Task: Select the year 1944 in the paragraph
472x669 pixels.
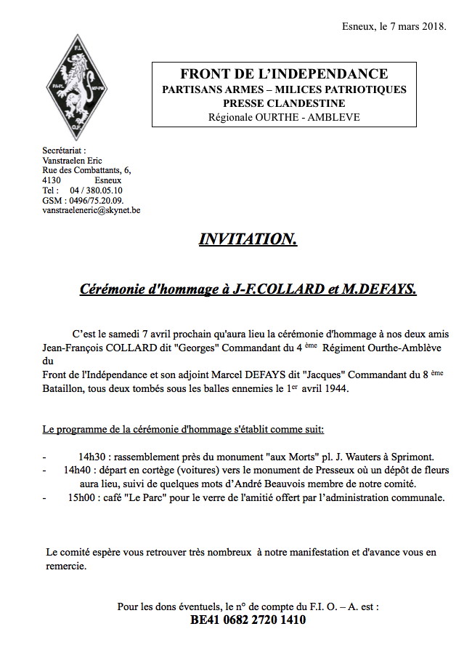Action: pyautogui.click(x=334, y=389)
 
